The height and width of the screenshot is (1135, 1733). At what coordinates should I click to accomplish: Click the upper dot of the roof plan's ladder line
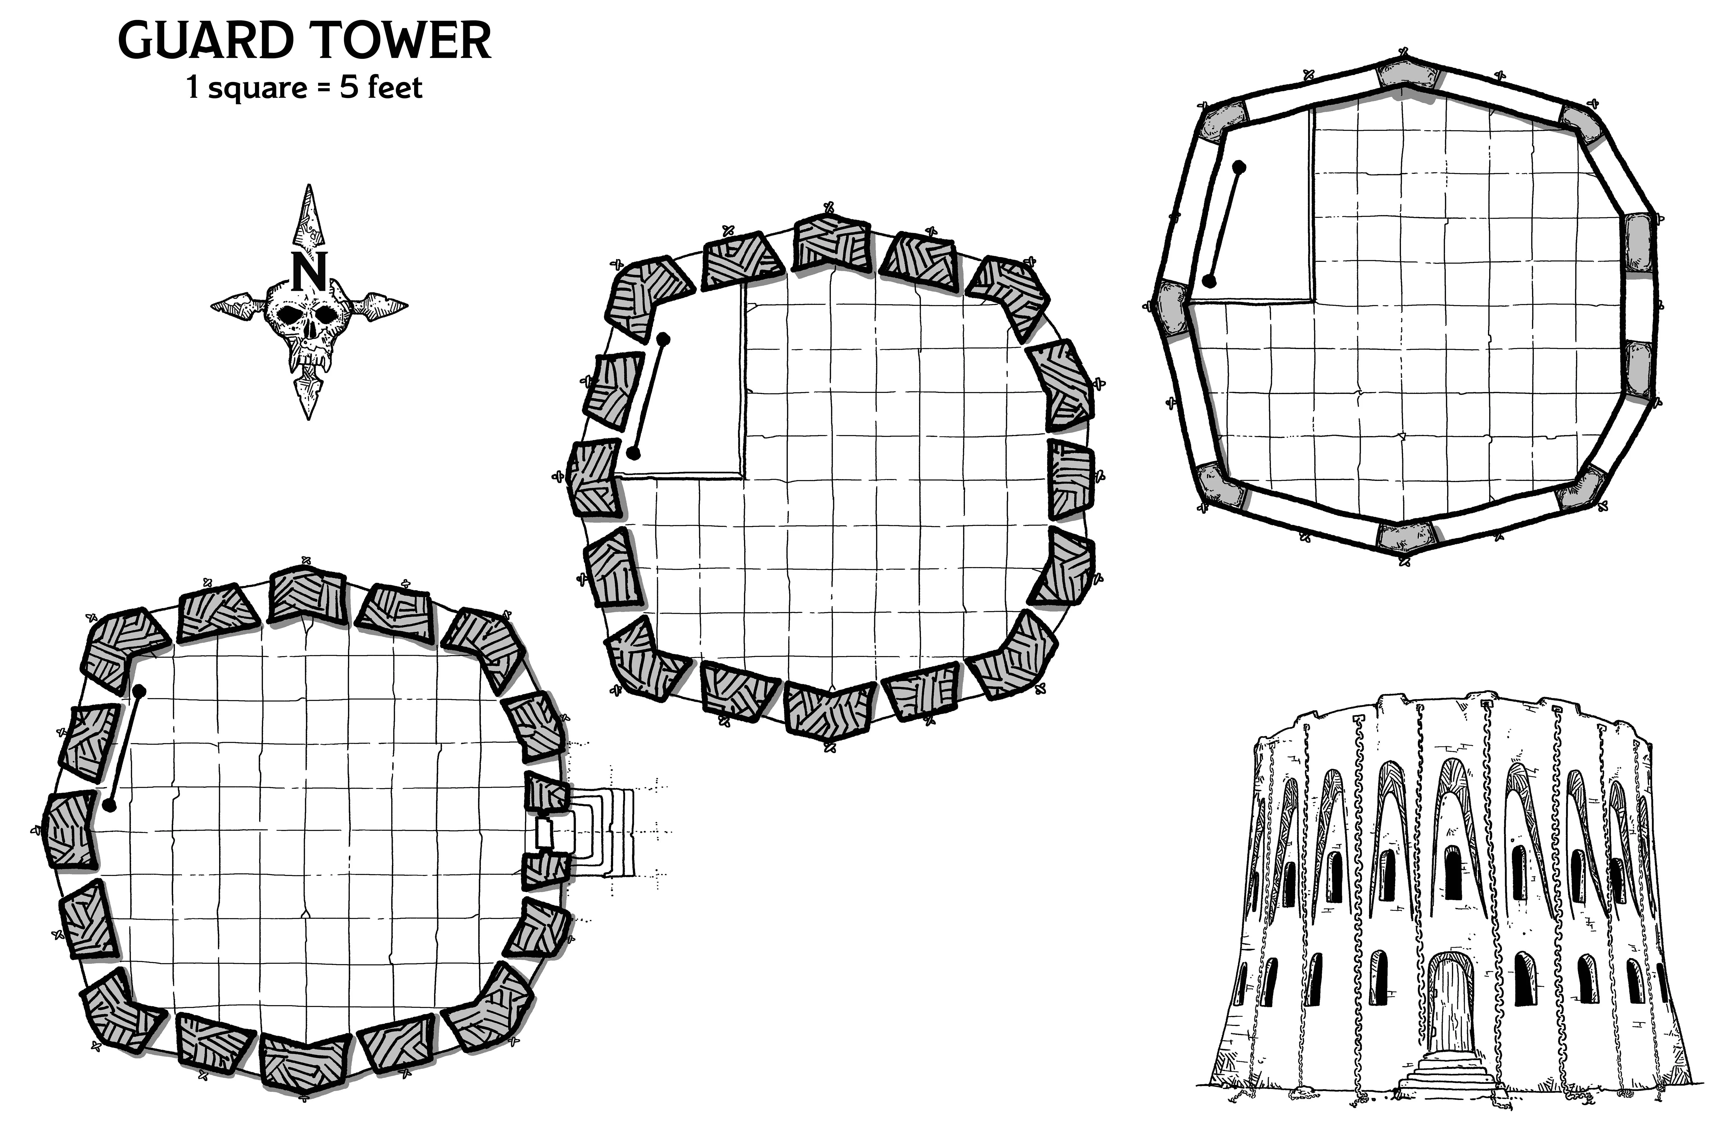coord(1239,167)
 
